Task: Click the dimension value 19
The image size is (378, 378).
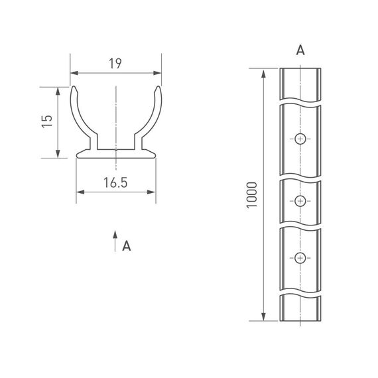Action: point(116,64)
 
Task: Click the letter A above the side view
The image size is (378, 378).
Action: point(300,51)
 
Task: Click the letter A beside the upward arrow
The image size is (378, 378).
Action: point(127,246)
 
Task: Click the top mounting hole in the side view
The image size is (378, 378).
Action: point(300,139)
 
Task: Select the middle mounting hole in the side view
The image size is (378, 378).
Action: point(300,200)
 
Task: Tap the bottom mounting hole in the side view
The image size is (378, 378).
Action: point(300,257)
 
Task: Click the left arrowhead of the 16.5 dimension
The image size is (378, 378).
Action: point(80,192)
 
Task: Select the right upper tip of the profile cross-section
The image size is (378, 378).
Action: point(158,88)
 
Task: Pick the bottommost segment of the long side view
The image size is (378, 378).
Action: point(300,308)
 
